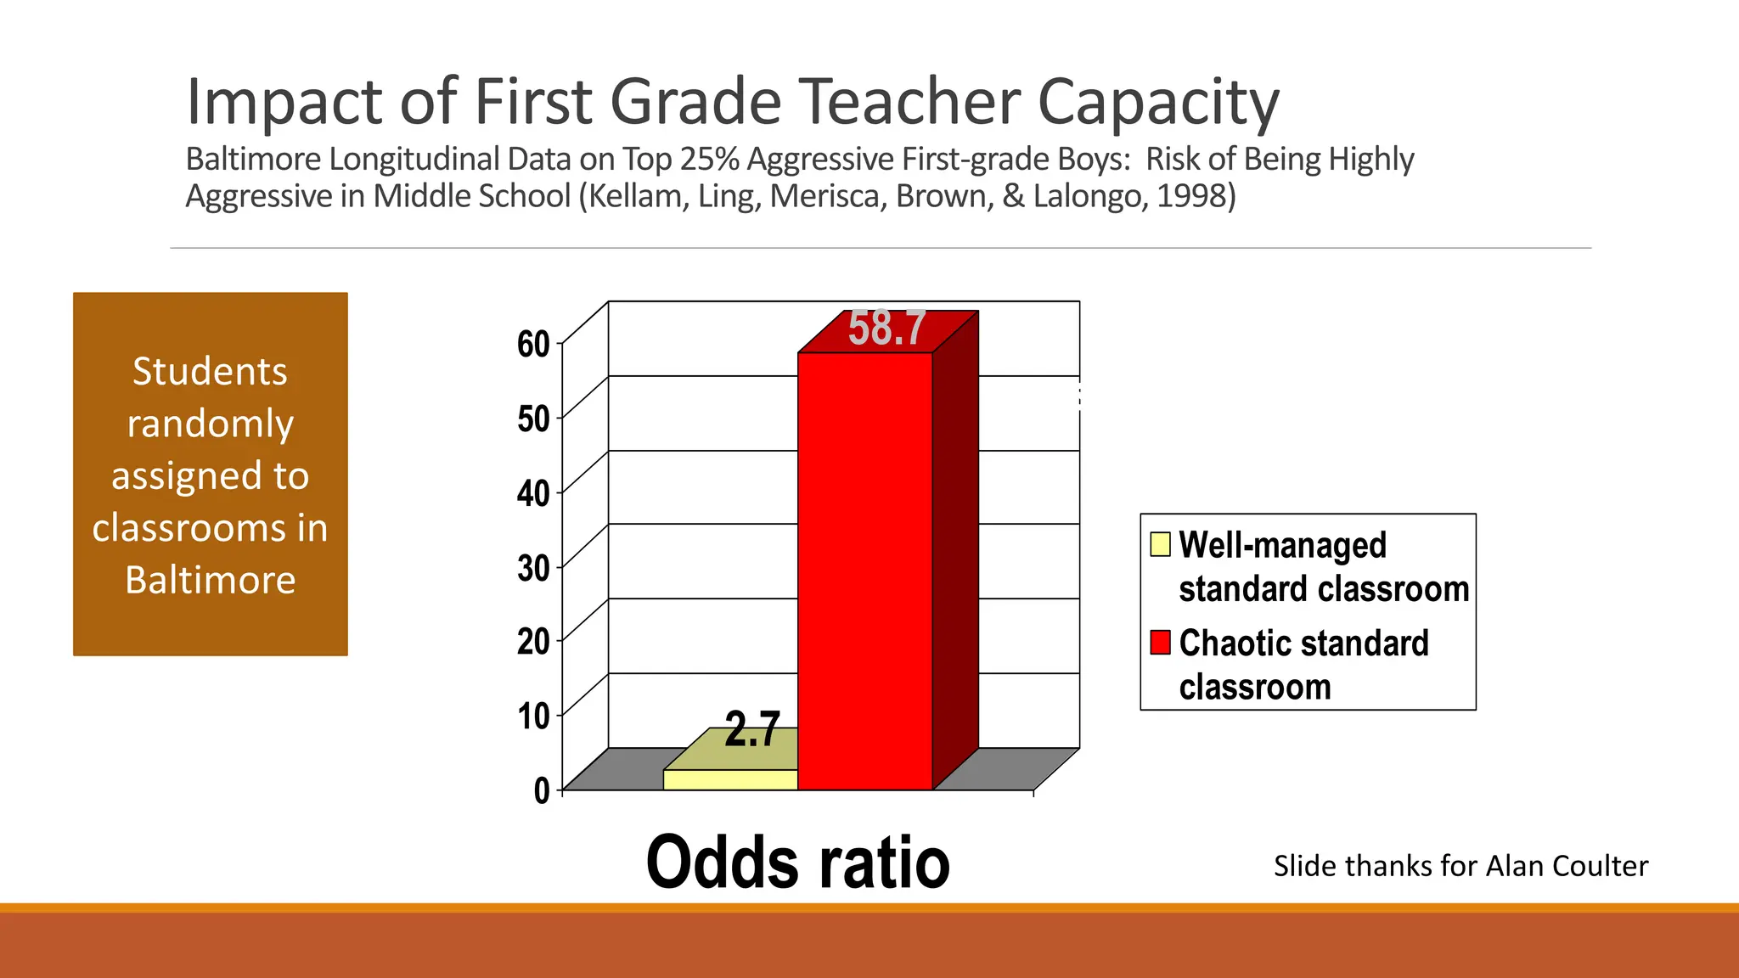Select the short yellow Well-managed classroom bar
pyautogui.click(x=729, y=780)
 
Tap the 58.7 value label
pyautogui.click(x=886, y=328)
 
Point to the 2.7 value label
pyautogui.click(x=752, y=729)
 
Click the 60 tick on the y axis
pyautogui.click(x=534, y=345)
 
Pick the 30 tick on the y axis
pyautogui.click(x=534, y=568)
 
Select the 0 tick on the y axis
pyautogui.click(x=542, y=790)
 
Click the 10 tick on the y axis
pyautogui.click(x=534, y=717)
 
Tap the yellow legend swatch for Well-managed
pyautogui.click(x=1160, y=544)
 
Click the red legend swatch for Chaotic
pyautogui.click(x=1160, y=642)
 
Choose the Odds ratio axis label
pyautogui.click(x=797, y=863)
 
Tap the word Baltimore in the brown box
pyautogui.click(x=211, y=581)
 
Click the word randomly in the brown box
pyautogui.click(x=211, y=424)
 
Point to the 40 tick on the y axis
pyautogui.click(x=534, y=493)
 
